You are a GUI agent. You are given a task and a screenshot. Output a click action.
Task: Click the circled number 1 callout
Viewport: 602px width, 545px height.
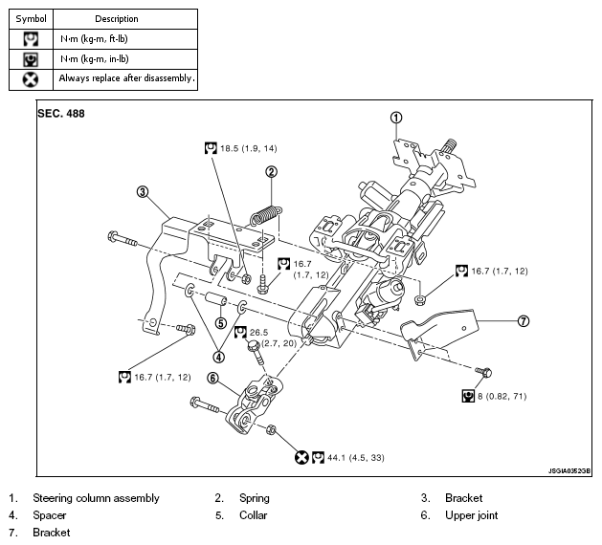click(x=395, y=118)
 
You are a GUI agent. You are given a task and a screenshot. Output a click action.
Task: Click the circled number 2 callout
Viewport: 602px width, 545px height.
click(x=272, y=172)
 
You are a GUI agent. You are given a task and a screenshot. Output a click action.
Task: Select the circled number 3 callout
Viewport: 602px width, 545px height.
click(x=143, y=191)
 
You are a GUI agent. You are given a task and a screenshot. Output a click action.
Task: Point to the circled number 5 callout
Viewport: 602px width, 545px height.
click(x=220, y=323)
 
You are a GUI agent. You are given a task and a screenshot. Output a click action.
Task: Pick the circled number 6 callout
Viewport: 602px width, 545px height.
click(x=213, y=379)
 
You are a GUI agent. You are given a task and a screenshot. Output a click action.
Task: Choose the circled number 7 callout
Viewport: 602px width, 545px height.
click(x=523, y=321)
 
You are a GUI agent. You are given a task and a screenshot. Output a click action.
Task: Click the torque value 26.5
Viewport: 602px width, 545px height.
click(x=259, y=333)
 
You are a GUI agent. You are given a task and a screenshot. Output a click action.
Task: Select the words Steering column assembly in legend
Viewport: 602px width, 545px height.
click(x=96, y=498)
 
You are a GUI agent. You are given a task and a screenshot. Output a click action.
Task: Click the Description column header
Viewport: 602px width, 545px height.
click(x=117, y=18)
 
